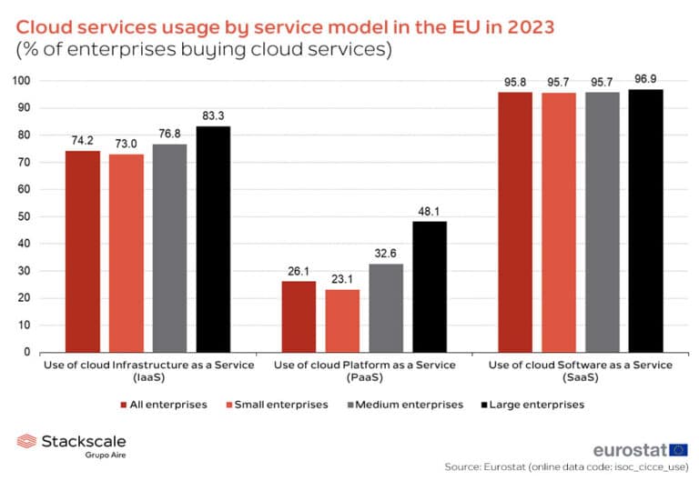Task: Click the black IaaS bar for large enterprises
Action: [x=213, y=239]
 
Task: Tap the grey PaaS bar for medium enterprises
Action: [x=386, y=307]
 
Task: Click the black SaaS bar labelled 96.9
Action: [x=646, y=220]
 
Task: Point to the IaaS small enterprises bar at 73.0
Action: [x=126, y=253]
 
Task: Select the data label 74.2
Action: [x=82, y=141]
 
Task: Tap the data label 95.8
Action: [x=515, y=83]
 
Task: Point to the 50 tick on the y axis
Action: [x=25, y=216]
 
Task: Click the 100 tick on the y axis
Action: [x=21, y=81]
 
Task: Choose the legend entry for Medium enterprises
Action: [x=410, y=404]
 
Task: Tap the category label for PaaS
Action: [x=365, y=371]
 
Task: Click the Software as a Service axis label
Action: [x=581, y=371]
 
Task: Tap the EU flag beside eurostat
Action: [x=679, y=450]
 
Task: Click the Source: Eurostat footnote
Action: [x=566, y=467]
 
